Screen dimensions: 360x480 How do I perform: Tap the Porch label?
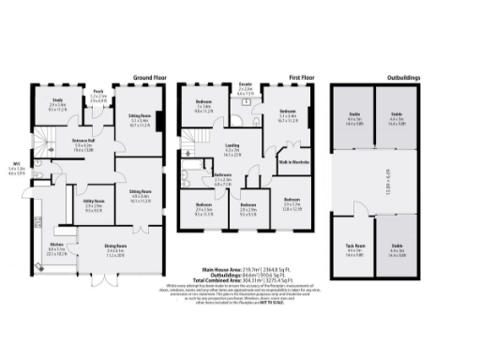click(x=97, y=93)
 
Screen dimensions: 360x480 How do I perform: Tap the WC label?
click(x=17, y=166)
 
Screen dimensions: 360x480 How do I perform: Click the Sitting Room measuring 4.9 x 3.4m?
click(x=141, y=192)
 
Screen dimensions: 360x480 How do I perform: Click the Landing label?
click(x=231, y=147)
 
